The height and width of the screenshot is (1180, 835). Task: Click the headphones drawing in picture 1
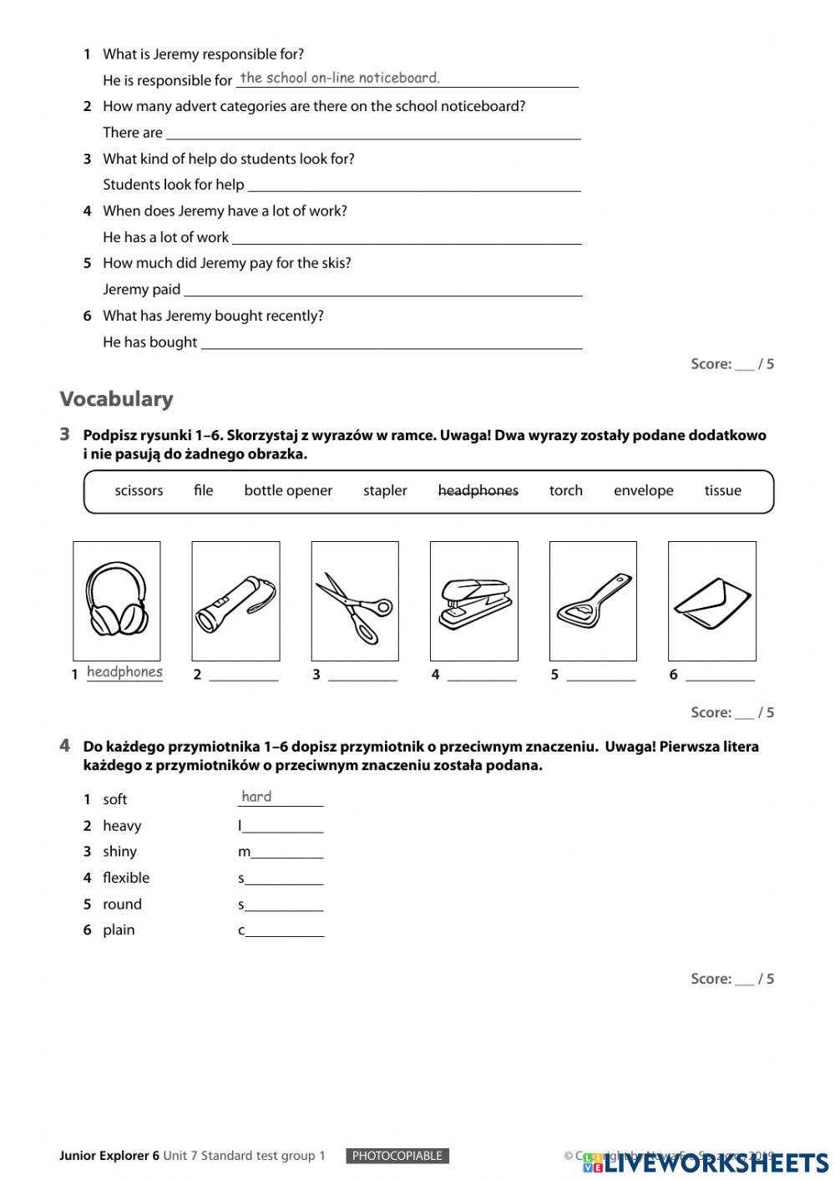point(117,599)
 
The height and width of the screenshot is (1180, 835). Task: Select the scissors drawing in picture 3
point(354,606)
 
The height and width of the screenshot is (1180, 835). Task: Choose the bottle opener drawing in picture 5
point(593,600)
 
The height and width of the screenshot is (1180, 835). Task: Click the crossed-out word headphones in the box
point(478,490)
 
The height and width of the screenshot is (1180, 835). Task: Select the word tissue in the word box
point(722,490)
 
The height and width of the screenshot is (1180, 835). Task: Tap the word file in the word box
point(203,490)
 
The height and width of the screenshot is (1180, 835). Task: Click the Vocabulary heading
point(116,399)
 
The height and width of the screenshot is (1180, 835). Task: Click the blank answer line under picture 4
point(482,676)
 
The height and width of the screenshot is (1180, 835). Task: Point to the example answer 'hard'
point(256,797)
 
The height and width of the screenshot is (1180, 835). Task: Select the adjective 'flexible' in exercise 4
point(126,878)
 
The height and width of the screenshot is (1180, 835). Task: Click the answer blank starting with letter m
point(286,853)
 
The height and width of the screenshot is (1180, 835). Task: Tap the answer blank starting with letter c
point(285,932)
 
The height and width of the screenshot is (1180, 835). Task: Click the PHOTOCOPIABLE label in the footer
point(397,1156)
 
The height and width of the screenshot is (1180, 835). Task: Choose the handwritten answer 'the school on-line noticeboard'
point(340,78)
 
